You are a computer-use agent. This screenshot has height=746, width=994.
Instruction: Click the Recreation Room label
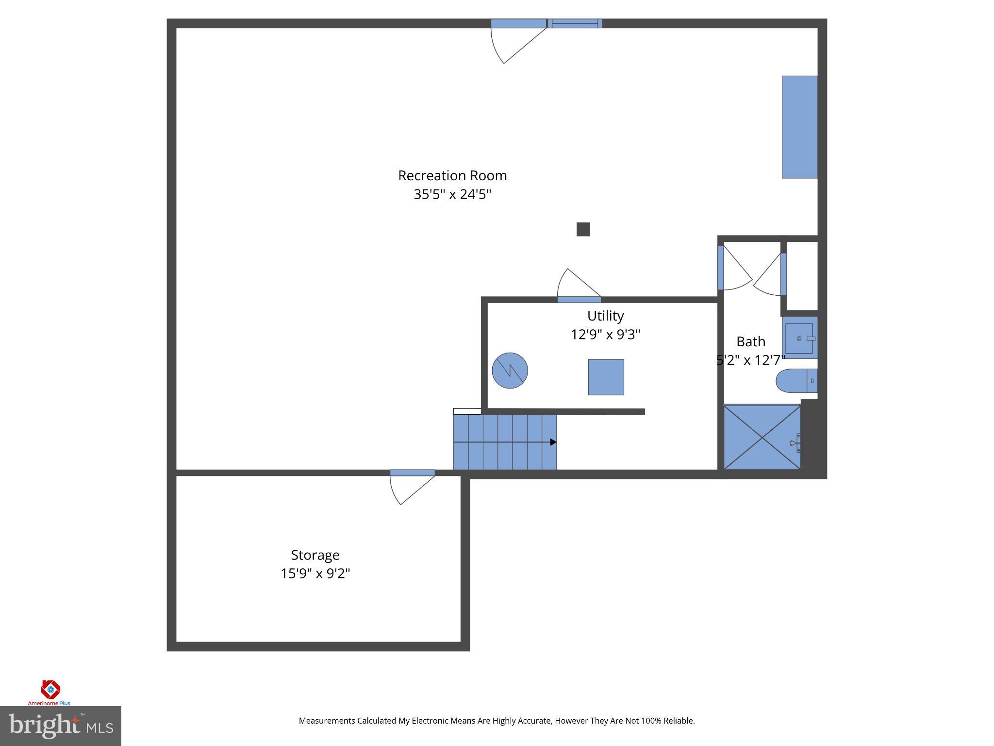pyautogui.click(x=452, y=176)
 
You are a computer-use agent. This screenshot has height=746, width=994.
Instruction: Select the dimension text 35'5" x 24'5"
pyautogui.click(x=452, y=195)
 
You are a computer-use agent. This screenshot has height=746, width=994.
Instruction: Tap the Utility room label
pyautogui.click(x=605, y=316)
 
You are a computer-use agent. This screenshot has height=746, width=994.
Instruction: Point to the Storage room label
pyautogui.click(x=315, y=555)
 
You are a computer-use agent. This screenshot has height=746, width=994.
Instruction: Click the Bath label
pyautogui.click(x=750, y=342)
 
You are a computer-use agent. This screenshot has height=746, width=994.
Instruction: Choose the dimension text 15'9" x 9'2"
pyautogui.click(x=315, y=574)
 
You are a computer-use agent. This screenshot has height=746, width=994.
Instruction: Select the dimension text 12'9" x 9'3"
pyautogui.click(x=605, y=335)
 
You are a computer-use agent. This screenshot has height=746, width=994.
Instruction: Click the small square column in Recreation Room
pyautogui.click(x=583, y=229)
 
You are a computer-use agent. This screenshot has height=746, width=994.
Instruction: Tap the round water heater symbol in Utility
pyautogui.click(x=510, y=370)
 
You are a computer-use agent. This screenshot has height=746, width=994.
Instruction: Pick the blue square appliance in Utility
pyautogui.click(x=606, y=377)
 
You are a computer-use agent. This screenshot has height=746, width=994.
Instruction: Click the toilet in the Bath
pyautogui.click(x=795, y=381)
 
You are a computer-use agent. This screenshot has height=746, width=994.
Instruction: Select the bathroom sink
pyautogui.click(x=799, y=338)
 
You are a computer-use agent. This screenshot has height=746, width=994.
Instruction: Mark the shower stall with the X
pyautogui.click(x=762, y=437)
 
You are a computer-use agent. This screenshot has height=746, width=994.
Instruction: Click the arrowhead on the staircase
pyautogui.click(x=553, y=442)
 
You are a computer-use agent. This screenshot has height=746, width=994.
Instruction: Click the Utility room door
pyautogui.click(x=579, y=299)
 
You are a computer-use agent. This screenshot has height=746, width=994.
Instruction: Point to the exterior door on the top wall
pyautogui.click(x=518, y=24)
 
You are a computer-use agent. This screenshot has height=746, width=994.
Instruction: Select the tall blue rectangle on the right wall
pyautogui.click(x=799, y=127)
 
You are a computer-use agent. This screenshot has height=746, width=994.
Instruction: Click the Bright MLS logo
pyautogui.click(x=61, y=726)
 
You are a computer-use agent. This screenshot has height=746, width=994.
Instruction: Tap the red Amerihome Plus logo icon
pyautogui.click(x=50, y=689)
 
